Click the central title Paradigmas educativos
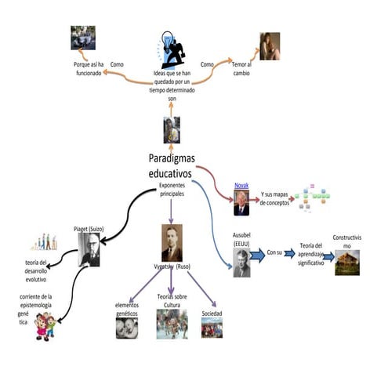click(172, 165)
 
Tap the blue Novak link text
click(241, 186)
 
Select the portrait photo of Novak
click(241, 203)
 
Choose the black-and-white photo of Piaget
click(89, 250)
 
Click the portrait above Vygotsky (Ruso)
click(172, 243)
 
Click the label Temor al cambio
click(242, 68)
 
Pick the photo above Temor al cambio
click(270, 46)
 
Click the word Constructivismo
click(347, 241)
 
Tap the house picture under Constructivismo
click(347, 263)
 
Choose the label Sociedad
click(212, 312)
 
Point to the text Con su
click(274, 253)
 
